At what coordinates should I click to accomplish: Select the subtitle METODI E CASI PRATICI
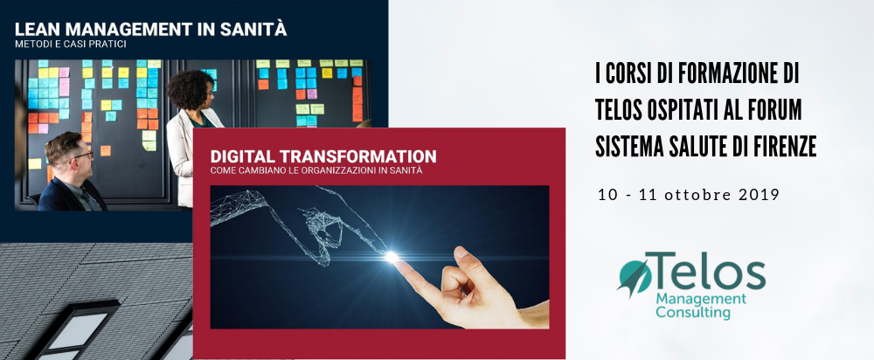tap(71, 44)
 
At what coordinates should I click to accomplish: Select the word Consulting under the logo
tap(693, 313)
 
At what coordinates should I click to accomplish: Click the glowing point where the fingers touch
tap(392, 257)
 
